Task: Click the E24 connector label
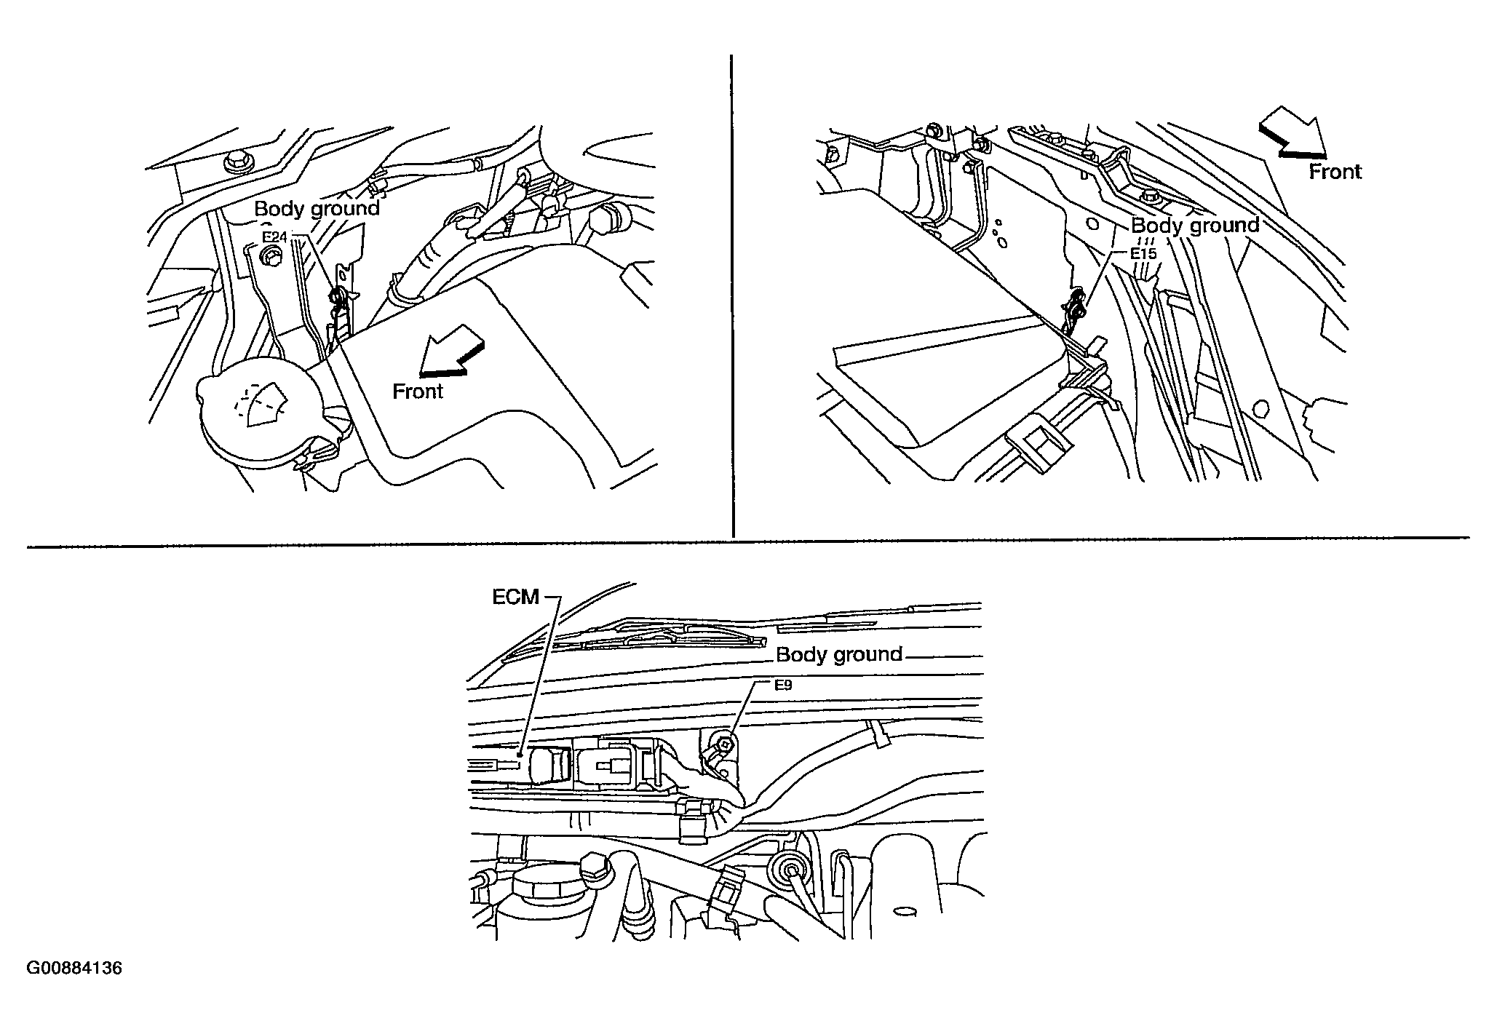click(275, 237)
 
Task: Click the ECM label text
click(515, 597)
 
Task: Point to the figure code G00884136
click(74, 969)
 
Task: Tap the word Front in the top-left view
click(418, 392)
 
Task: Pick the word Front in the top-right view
click(1335, 172)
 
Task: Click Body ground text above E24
click(317, 209)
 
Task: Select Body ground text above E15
click(1195, 226)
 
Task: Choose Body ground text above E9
click(839, 654)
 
